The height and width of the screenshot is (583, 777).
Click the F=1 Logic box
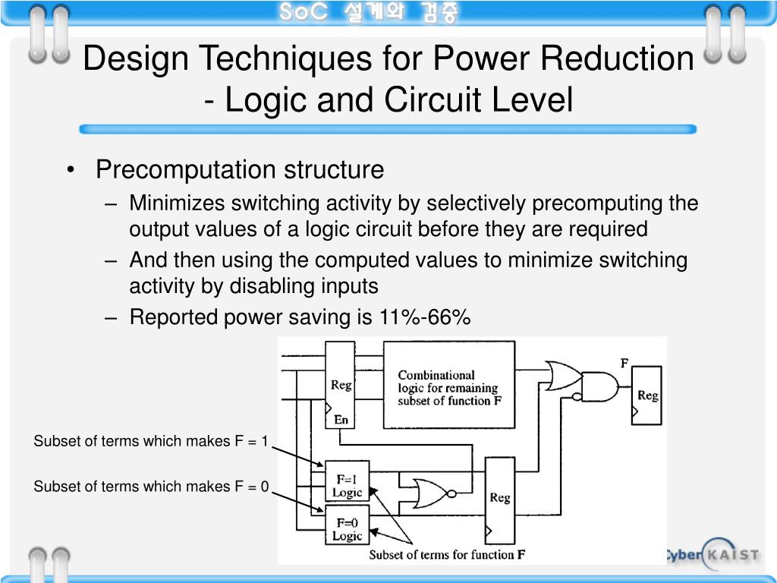pyautogui.click(x=347, y=485)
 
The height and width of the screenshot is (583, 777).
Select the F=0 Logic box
pyautogui.click(x=347, y=529)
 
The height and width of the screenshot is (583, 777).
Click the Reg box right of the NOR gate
pyautogui.click(x=499, y=497)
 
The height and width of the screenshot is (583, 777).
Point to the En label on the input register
pyautogui.click(x=341, y=418)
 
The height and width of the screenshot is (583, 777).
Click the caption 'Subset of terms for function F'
pyautogui.click(x=447, y=555)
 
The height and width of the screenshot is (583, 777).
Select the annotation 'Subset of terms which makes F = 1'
pyautogui.click(x=151, y=441)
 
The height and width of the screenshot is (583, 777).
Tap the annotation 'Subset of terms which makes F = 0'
pyautogui.click(x=151, y=487)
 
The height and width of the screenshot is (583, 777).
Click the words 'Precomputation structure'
pyautogui.click(x=240, y=169)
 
